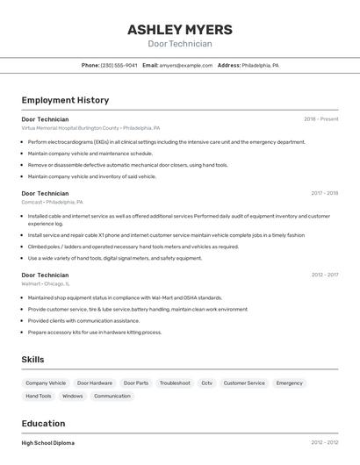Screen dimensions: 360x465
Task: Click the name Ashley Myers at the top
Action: (x=180, y=29)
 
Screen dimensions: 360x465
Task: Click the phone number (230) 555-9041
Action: (x=119, y=65)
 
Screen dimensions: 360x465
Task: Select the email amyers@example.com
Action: (x=186, y=65)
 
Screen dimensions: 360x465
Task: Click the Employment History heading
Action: (x=65, y=100)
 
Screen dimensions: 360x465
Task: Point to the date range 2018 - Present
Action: (x=320, y=118)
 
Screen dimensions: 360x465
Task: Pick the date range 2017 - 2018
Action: (x=324, y=193)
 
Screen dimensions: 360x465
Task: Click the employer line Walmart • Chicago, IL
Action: (x=46, y=283)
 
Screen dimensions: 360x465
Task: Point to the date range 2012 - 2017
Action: (x=324, y=275)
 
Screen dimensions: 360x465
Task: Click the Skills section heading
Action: (x=32, y=360)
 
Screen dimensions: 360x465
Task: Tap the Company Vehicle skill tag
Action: (x=46, y=383)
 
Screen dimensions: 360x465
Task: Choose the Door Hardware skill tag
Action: (x=95, y=383)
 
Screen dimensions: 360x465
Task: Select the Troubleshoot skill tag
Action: (x=175, y=383)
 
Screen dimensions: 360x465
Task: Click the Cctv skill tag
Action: (x=206, y=383)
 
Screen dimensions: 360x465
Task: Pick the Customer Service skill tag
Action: (x=244, y=383)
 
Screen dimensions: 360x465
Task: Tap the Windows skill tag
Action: (x=73, y=397)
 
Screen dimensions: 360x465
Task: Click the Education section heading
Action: (x=43, y=423)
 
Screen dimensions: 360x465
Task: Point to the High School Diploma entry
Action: (x=48, y=443)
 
